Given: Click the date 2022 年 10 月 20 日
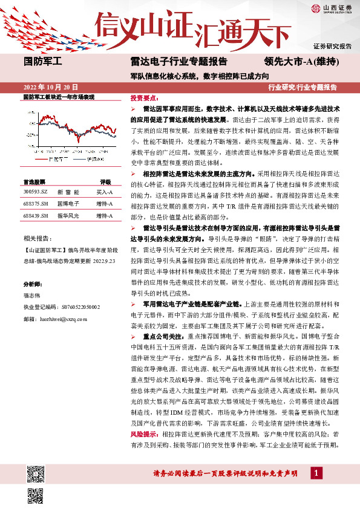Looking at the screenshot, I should pos(50,87).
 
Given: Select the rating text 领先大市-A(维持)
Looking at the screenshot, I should pos(301,60).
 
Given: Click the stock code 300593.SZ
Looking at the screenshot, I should pos(36,191).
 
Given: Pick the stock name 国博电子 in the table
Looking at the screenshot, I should pos(68,204).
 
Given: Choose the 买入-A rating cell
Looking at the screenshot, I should pos(105,191).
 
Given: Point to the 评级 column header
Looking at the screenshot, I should pos(106,181).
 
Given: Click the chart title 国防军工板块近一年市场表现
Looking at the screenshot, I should pos(59,97).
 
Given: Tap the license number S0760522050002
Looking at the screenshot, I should pos(76,307).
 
